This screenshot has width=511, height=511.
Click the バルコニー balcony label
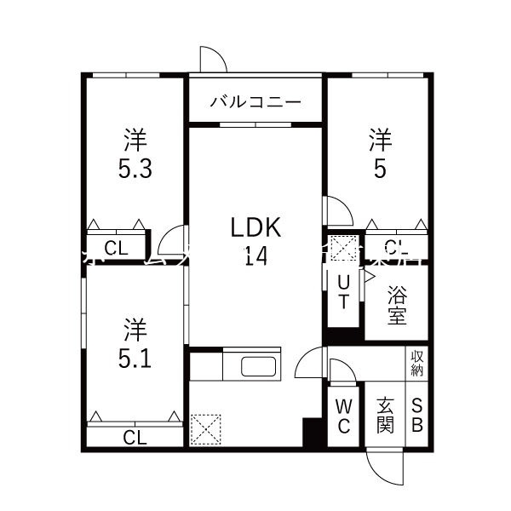pos(255,101)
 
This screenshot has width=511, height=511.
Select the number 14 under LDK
pos(256,255)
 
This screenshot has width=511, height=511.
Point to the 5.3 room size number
pos(135,169)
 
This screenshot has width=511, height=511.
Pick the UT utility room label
pos(343,291)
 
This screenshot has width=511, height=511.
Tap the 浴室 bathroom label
pos(397,305)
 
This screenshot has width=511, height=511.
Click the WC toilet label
pos(343,416)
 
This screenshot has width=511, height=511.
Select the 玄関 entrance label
pos(385,416)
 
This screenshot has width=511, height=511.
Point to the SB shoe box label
pos(417,416)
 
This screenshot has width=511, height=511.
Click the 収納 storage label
pos(417,363)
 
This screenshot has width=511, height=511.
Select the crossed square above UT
pos(344,250)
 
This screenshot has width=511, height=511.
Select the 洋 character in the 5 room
pos(380,137)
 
